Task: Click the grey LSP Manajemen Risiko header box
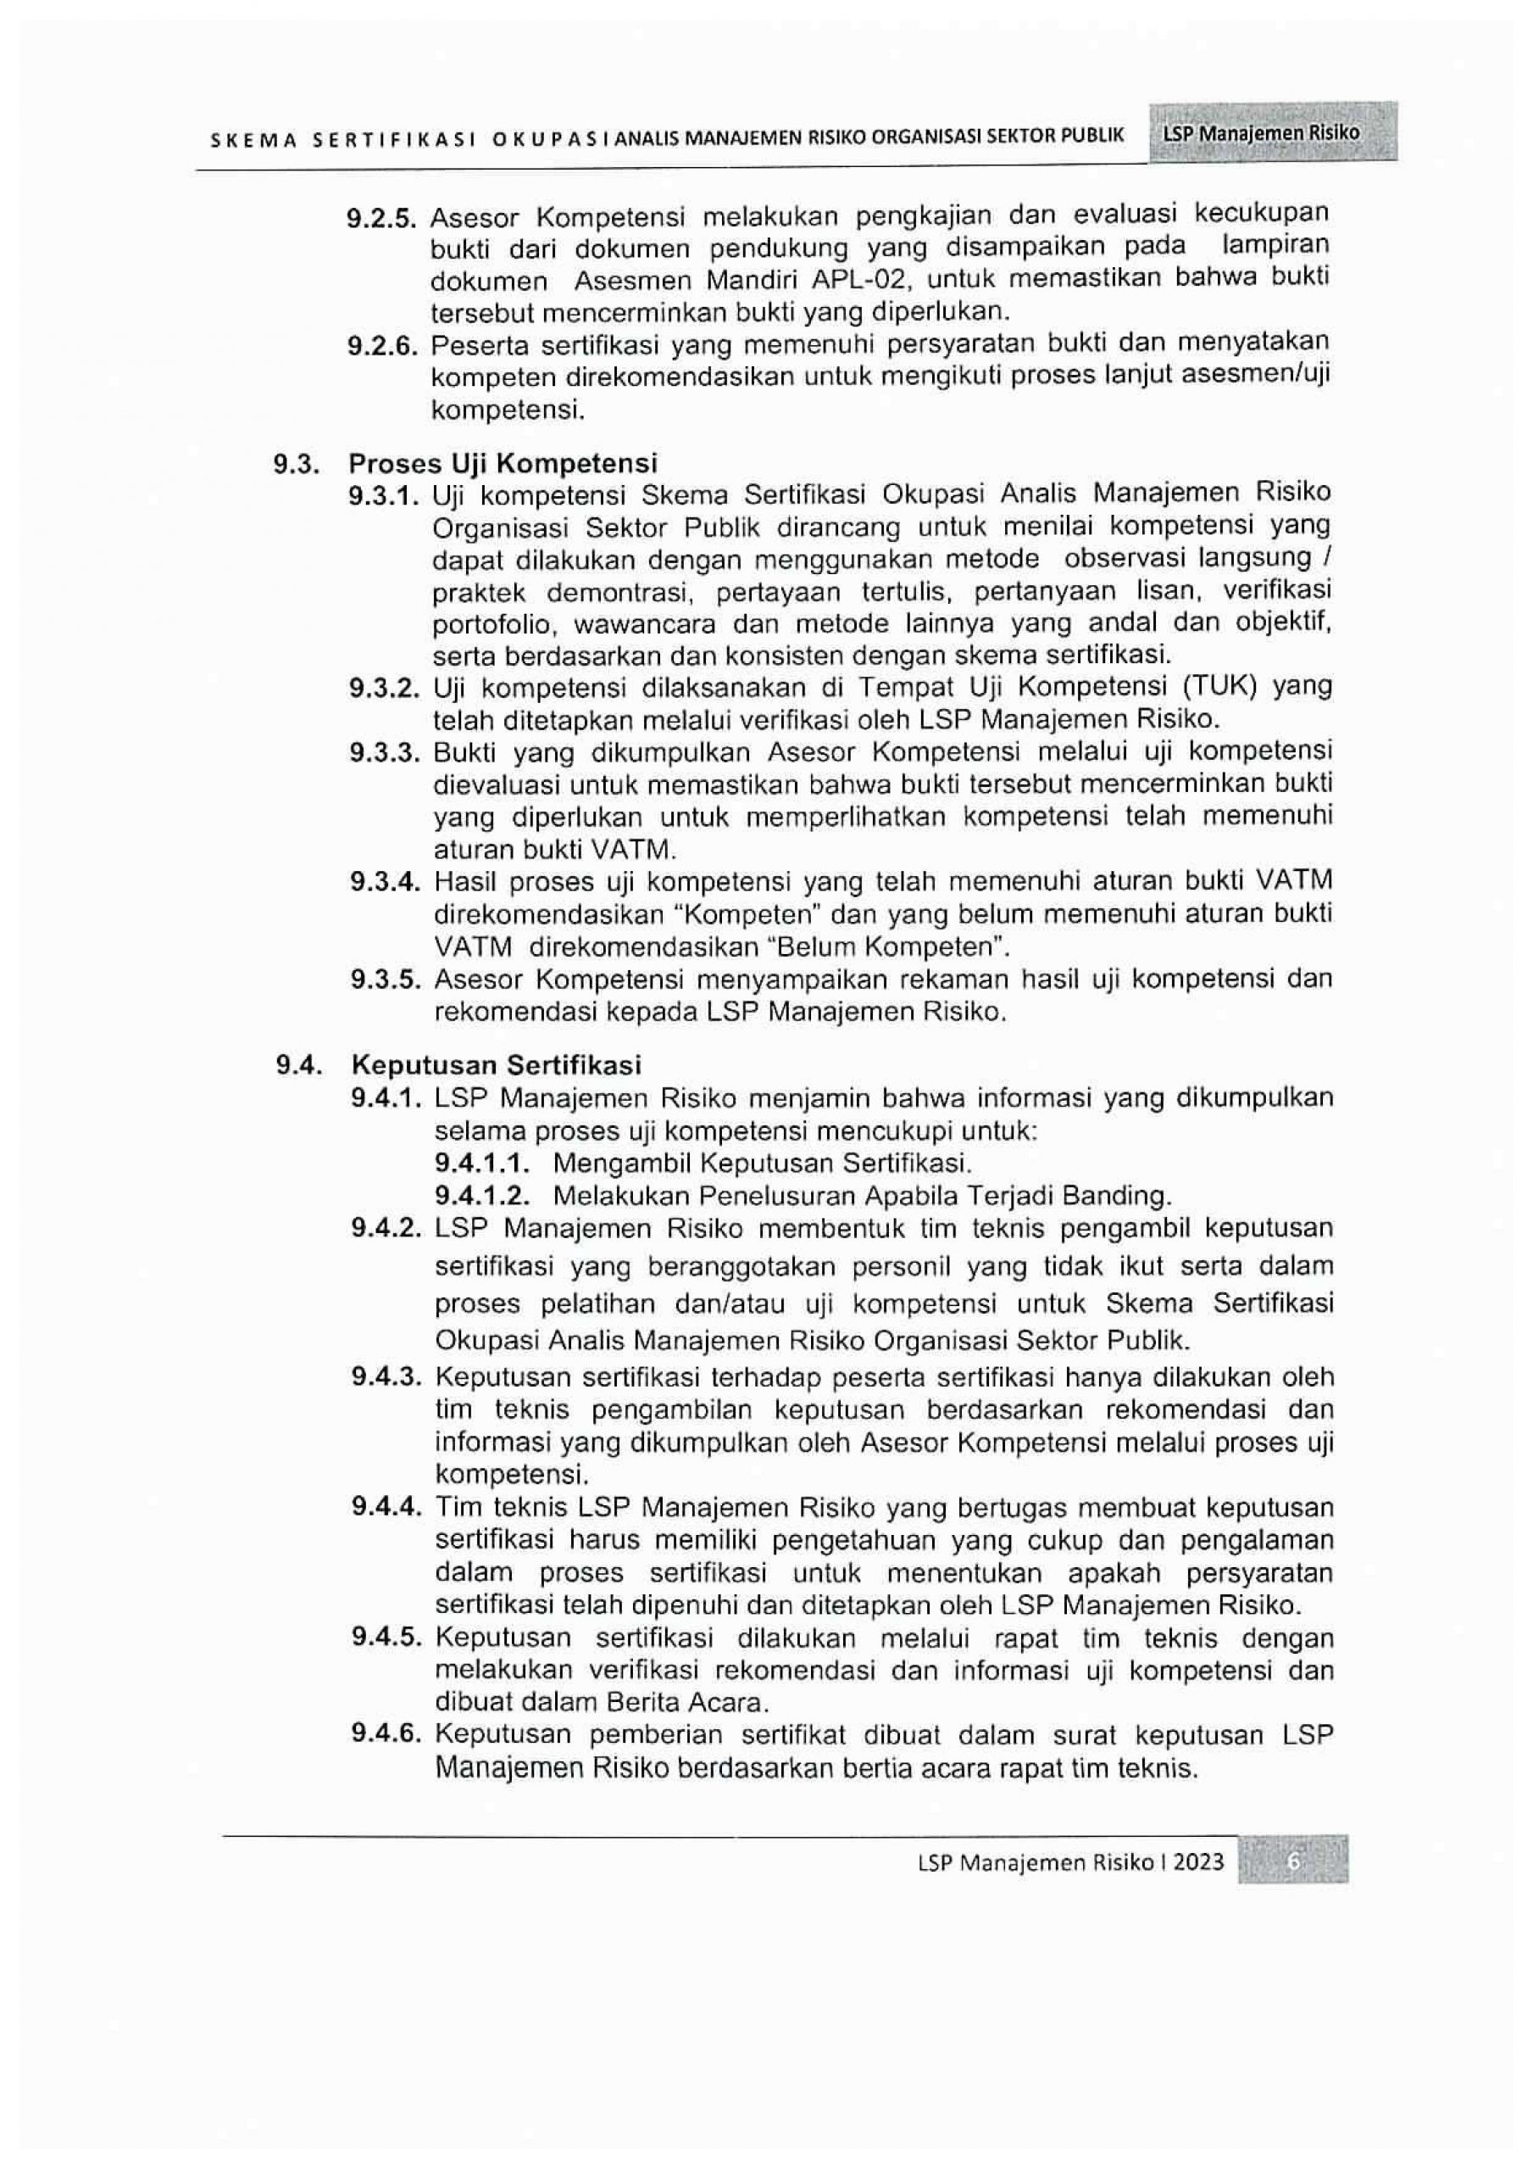(x=1272, y=132)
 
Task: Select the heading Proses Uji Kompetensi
(x=503, y=463)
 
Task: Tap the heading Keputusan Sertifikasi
(x=497, y=1064)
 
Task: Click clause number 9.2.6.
(x=382, y=345)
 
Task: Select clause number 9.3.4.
(x=384, y=882)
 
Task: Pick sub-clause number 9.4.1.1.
(x=481, y=1162)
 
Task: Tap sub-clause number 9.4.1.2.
(x=481, y=1195)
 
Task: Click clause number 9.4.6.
(x=385, y=1734)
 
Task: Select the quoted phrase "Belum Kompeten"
(x=910, y=946)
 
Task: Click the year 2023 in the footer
(x=1198, y=1863)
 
